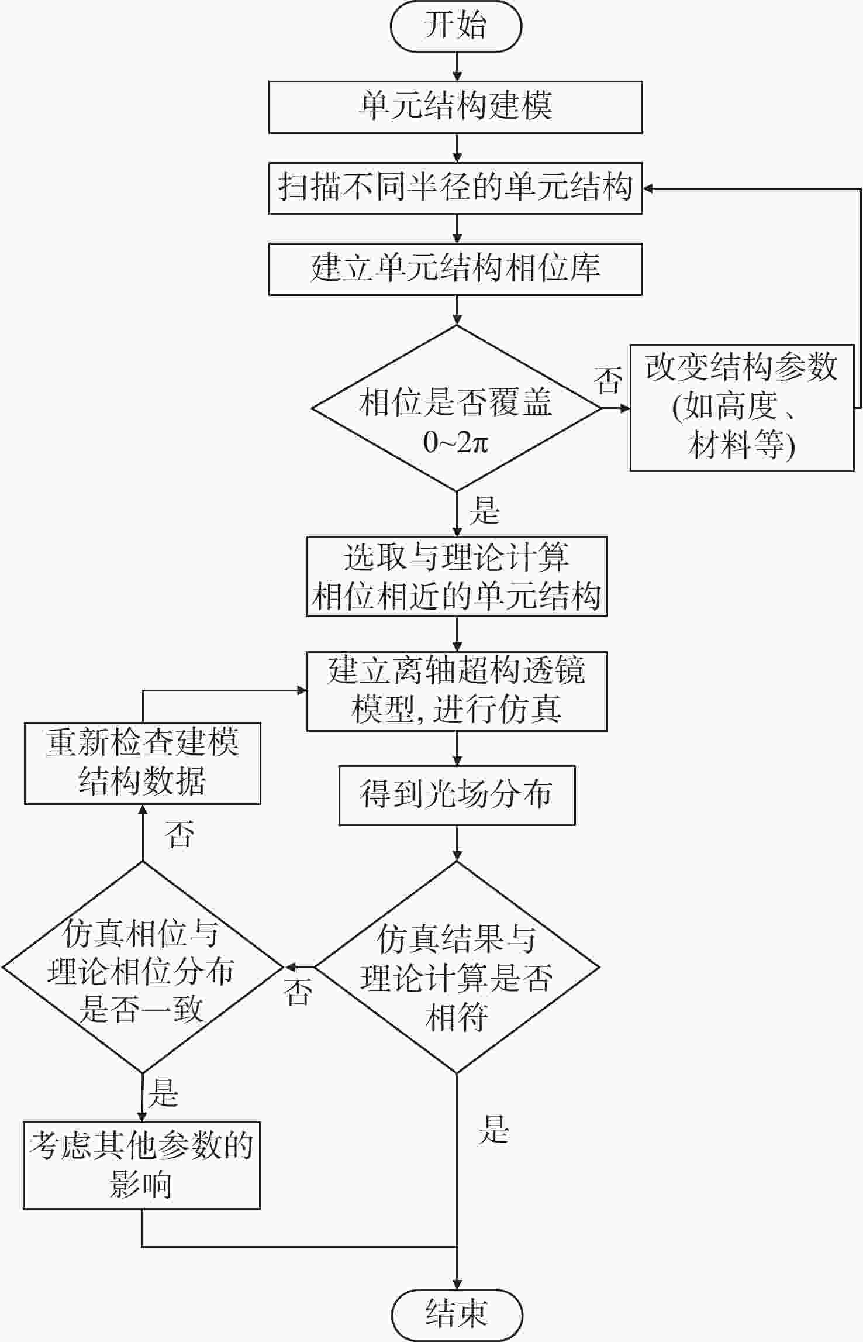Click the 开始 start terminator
tap(455, 26)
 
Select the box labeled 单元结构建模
tap(455, 107)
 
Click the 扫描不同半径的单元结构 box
tap(455, 188)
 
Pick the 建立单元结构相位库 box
tap(455, 269)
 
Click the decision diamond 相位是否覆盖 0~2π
tap(456, 408)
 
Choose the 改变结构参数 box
tap(741, 407)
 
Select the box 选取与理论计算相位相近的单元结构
tap(457, 576)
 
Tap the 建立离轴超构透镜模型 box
tap(457, 691)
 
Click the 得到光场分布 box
tap(457, 795)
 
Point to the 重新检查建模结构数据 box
tap(142, 763)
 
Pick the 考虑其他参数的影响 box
tap(141, 1165)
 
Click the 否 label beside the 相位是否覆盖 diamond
tap(608, 380)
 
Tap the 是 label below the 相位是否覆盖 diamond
tap(485, 511)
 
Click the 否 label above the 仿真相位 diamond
tap(179, 834)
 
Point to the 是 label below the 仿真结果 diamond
tap(494, 1130)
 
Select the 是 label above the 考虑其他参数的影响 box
tap(163, 1093)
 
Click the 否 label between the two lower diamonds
tap(298, 992)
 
